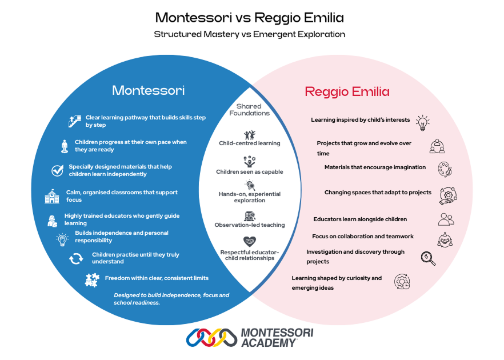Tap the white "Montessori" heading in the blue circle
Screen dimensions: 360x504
(148, 90)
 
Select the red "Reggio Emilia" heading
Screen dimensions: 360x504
(347, 91)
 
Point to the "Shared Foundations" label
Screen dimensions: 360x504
(249, 110)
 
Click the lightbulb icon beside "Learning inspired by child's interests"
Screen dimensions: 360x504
(422, 122)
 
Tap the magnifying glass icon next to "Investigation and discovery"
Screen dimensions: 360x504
(427, 258)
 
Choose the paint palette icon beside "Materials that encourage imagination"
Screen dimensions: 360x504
(443, 169)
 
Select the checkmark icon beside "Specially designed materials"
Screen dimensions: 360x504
(57, 170)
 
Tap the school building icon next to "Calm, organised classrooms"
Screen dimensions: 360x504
(52, 197)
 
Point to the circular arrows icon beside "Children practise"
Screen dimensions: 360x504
(76, 258)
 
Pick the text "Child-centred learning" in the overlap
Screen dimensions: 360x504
(250, 143)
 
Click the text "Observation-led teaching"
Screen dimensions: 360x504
(249, 225)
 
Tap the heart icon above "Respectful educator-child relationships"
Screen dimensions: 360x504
(249, 241)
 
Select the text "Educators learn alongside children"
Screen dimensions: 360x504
(360, 219)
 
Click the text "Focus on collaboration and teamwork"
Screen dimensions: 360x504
(363, 236)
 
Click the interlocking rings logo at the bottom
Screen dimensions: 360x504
(211, 338)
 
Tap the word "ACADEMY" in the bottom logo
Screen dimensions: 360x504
(270, 342)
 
